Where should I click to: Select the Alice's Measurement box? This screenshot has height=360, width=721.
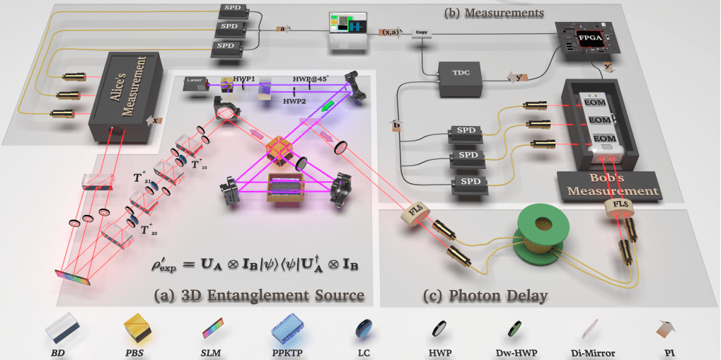pyautogui.click(x=123, y=89)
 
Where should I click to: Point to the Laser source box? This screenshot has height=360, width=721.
pyautogui.click(x=196, y=81)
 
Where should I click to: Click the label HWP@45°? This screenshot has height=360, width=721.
pyautogui.click(x=311, y=79)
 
